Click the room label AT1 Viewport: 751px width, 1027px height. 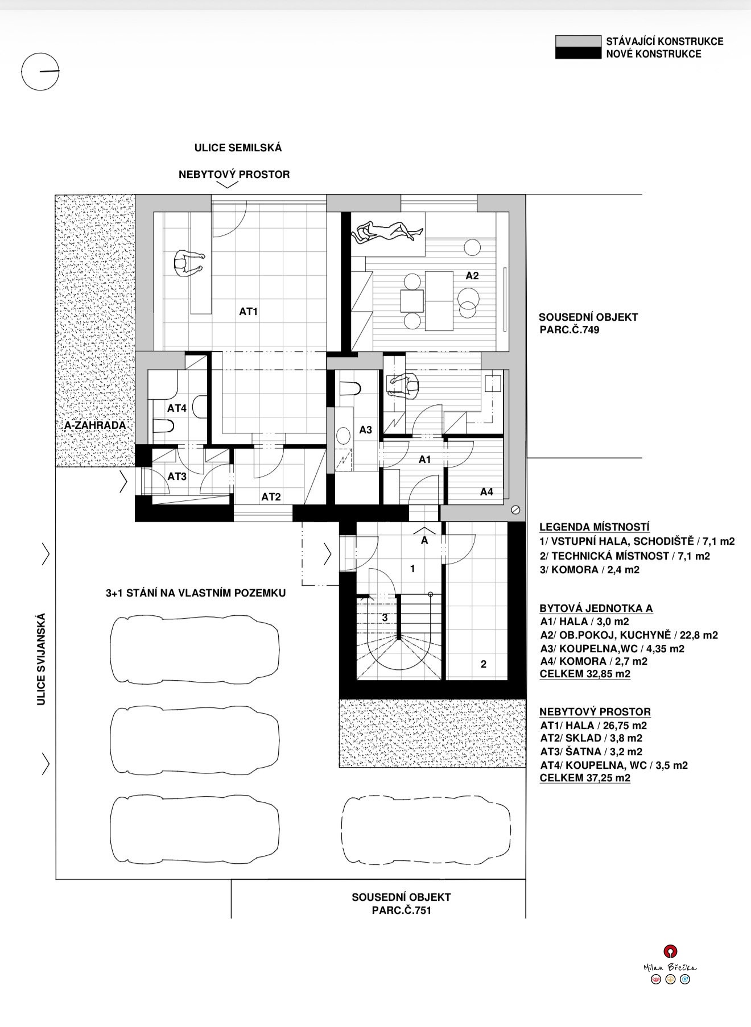[249, 312]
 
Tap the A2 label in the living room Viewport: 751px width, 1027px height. [472, 276]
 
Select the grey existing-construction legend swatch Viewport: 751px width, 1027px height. [578, 41]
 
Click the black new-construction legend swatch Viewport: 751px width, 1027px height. [578, 53]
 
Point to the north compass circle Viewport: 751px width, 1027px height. [40, 72]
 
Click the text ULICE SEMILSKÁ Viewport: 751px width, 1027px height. [238, 148]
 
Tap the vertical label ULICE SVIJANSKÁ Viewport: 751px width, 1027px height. [41, 659]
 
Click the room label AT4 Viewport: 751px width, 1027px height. [177, 408]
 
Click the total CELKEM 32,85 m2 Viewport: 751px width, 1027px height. [585, 674]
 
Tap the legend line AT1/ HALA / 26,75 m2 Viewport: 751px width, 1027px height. [593, 725]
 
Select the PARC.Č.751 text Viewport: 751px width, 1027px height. [401, 910]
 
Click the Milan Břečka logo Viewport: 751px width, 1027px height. [670, 964]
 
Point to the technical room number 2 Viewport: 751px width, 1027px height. [484, 664]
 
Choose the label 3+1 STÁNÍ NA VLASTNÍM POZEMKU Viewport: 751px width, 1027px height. [196, 593]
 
